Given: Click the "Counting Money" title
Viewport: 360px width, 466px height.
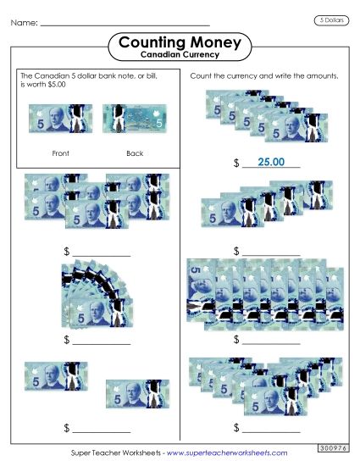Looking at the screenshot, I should point(180,42).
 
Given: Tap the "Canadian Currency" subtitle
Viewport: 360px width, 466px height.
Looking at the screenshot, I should point(180,55).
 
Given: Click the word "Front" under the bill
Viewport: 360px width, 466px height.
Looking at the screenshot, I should point(59,153).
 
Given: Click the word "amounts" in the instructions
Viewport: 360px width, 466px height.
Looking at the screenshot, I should point(323,76).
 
